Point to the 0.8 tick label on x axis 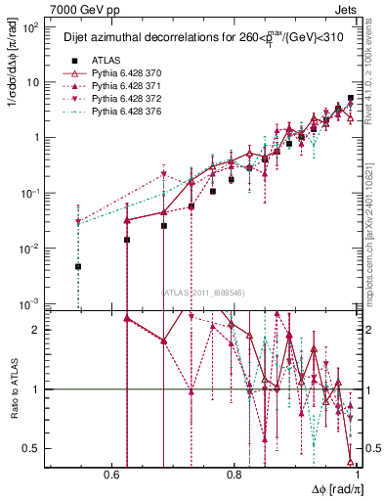coord(234,476)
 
